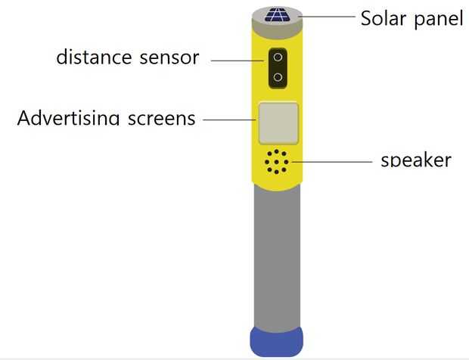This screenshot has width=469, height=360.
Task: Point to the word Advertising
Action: click(68, 119)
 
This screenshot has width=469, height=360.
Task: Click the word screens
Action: click(160, 119)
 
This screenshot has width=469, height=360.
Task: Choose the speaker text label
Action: click(416, 160)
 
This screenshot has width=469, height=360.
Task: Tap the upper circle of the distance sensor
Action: click(278, 57)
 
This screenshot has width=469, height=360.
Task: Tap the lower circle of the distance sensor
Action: click(278, 77)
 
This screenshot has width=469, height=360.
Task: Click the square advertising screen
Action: click(278, 123)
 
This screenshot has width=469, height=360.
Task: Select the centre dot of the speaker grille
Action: click(277, 162)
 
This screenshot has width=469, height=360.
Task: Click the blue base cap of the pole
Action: click(276, 341)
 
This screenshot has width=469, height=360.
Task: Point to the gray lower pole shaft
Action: click(276, 257)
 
